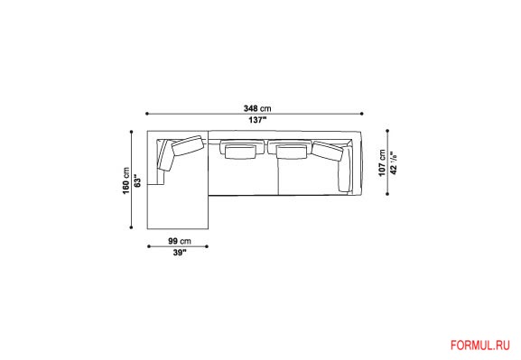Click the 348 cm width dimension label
257,108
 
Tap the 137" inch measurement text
258,120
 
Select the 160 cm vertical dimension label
126,180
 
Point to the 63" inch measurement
137,180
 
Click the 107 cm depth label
383,162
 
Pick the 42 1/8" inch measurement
394,162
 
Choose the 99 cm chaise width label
180,241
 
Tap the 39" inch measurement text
180,253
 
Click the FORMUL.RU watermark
480,346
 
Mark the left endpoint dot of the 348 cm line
147,114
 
